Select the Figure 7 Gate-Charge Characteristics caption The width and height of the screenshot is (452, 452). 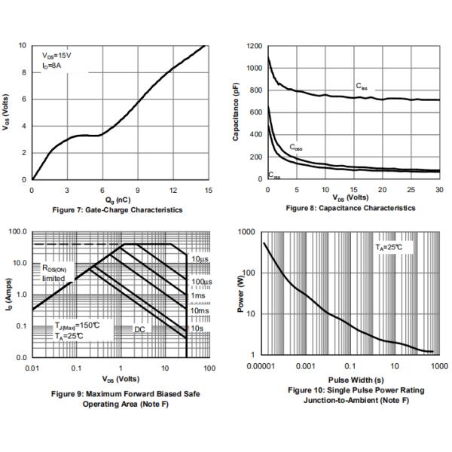[x=120, y=209]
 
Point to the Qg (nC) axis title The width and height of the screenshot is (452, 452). [x=120, y=199]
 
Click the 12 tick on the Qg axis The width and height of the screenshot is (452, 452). [x=173, y=190]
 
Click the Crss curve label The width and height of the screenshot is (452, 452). [x=274, y=176]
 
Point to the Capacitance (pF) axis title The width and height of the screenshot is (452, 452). [x=236, y=112]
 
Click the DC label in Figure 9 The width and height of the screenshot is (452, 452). [x=139, y=329]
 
